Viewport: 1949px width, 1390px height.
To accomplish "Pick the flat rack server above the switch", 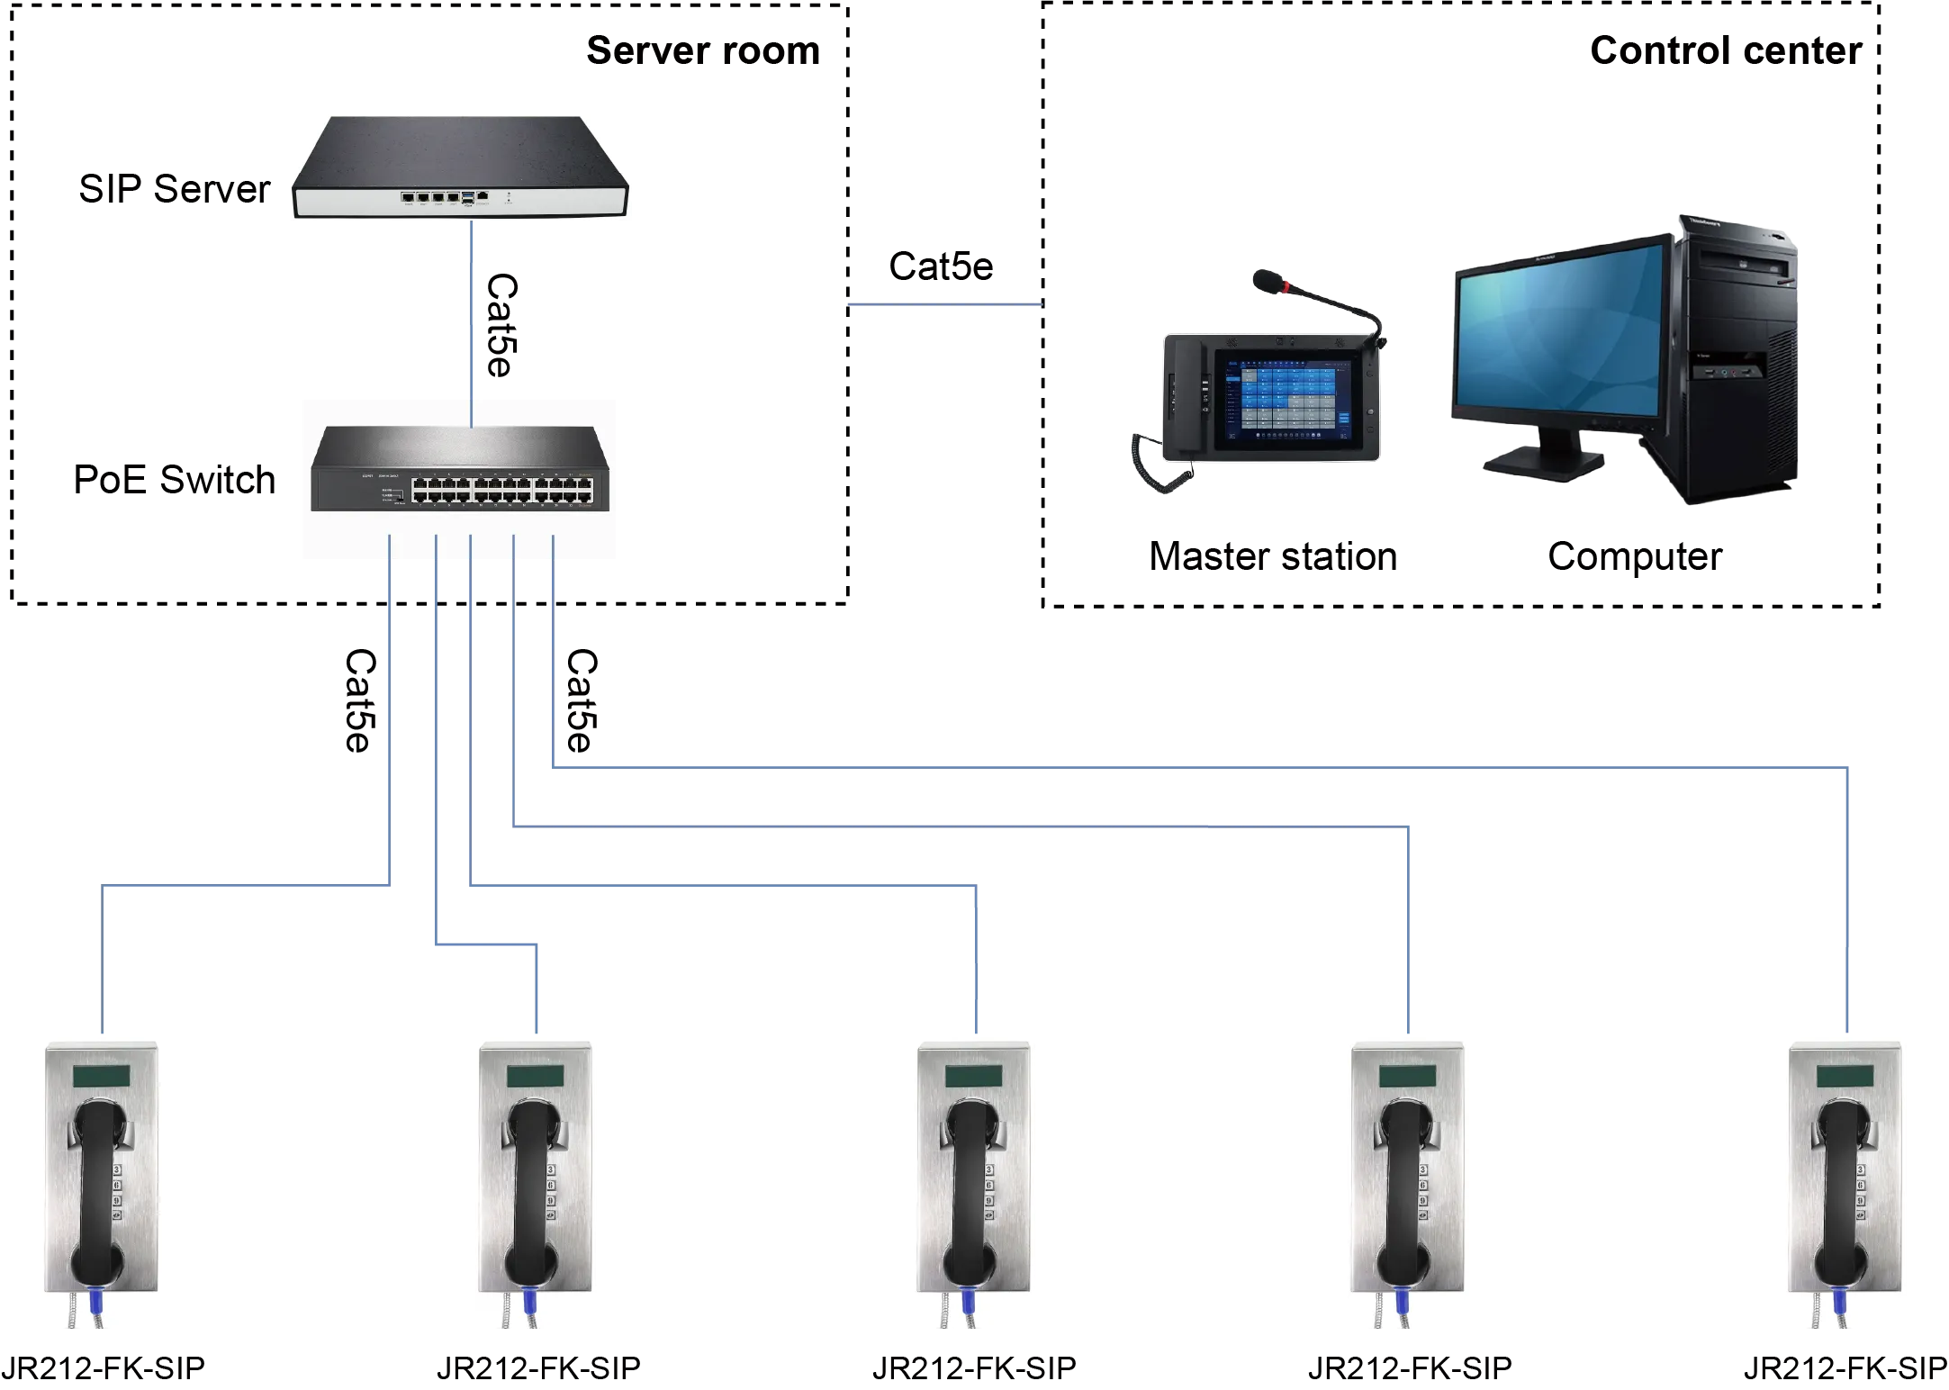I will pos(460,167).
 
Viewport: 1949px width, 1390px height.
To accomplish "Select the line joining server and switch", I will pos(471,311).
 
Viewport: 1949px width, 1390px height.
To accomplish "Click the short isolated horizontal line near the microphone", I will pos(943,306).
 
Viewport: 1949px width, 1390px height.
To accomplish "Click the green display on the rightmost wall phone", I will pos(1845,1076).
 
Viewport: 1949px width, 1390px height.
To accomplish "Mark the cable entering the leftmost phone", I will pos(105,963).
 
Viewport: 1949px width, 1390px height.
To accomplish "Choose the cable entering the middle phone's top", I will pos(977,963).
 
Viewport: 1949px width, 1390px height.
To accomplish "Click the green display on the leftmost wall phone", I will pos(100,1076).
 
